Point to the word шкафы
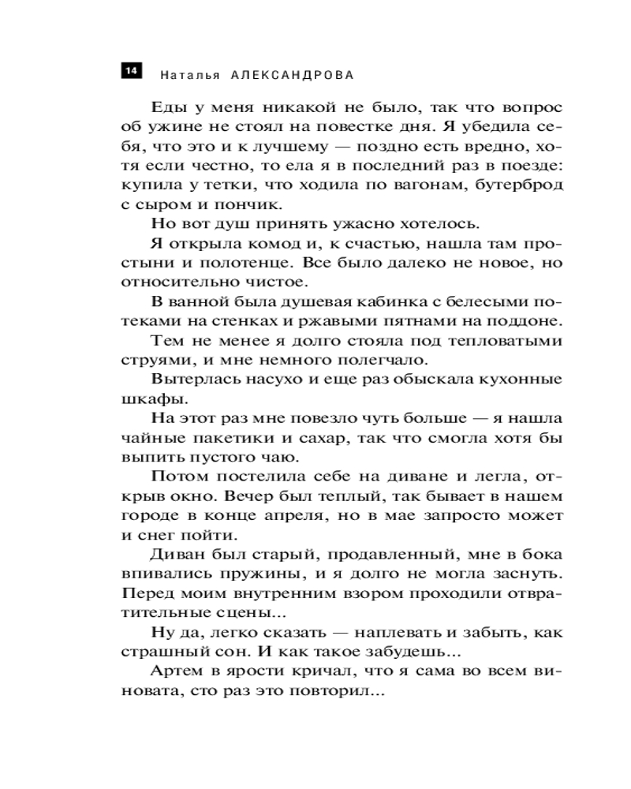pyautogui.click(x=150, y=399)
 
